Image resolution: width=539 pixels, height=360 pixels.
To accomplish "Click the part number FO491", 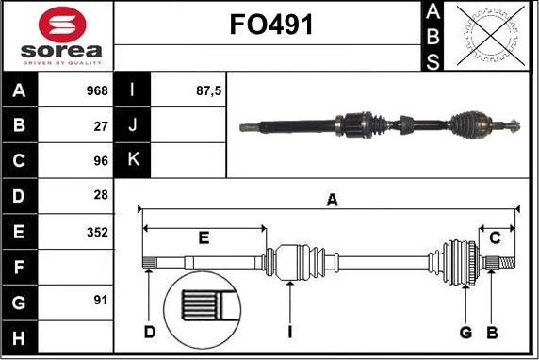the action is [271, 25].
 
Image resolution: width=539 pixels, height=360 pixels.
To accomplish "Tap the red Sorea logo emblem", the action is [62, 25].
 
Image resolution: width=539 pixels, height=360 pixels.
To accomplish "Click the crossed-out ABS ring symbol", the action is [491, 36].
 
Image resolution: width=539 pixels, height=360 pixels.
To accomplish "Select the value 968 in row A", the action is [97, 90].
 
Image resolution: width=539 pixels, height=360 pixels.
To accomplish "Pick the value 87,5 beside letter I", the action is [208, 90].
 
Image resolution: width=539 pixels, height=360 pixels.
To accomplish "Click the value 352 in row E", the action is [97, 233].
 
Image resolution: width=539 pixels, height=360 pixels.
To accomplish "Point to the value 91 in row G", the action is [101, 301].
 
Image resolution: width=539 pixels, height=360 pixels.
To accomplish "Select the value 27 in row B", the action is [101, 126].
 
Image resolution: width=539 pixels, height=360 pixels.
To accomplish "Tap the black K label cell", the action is [132, 160].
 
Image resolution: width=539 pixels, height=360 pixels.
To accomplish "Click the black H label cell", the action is [20, 337].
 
